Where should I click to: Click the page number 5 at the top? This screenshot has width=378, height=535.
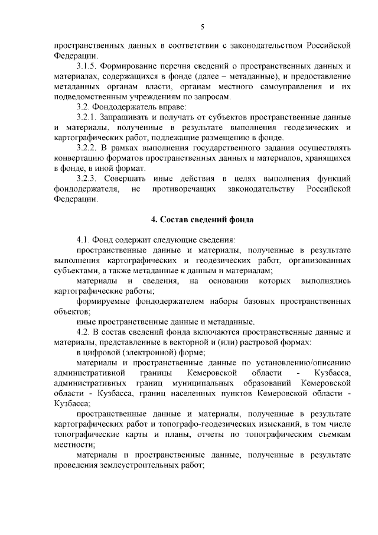point(202,27)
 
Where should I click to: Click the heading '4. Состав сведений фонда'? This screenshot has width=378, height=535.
point(202,220)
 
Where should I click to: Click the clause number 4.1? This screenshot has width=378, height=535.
point(83,240)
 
